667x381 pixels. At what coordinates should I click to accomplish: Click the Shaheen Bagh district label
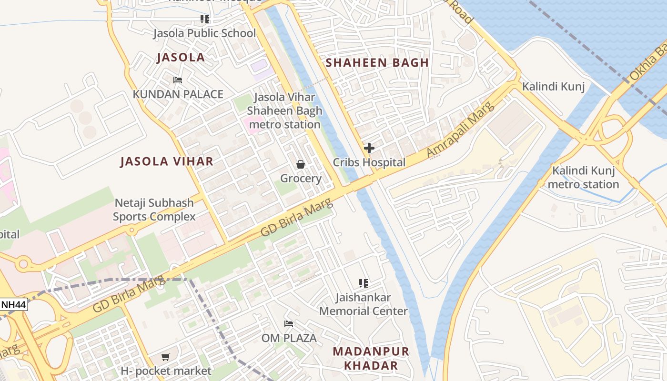tap(377, 62)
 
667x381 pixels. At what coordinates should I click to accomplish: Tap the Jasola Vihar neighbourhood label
tap(167, 161)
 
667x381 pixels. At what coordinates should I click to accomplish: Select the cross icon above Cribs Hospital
tap(369, 148)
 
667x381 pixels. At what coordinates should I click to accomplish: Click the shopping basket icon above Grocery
tap(301, 164)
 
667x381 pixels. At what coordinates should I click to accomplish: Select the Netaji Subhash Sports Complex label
tap(154, 210)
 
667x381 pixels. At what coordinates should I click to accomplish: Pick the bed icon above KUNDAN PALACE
tap(178, 80)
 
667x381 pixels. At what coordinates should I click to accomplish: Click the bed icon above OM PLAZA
tap(289, 324)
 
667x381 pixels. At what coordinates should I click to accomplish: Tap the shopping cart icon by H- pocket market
tap(165, 357)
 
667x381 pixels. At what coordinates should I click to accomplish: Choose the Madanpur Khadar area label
tap(371, 359)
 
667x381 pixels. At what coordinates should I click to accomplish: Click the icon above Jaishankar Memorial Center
tap(364, 283)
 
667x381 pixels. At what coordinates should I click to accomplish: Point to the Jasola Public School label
tap(204, 33)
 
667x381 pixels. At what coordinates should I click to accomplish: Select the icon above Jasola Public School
tap(204, 19)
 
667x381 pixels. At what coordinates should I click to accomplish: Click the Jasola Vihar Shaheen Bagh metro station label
tap(284, 111)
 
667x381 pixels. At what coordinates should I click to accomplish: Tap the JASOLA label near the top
tap(181, 58)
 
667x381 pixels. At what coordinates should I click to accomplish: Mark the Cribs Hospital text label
tap(369, 162)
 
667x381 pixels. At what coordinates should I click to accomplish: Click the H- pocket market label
tap(165, 371)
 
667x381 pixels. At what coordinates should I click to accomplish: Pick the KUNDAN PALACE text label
tap(178, 94)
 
